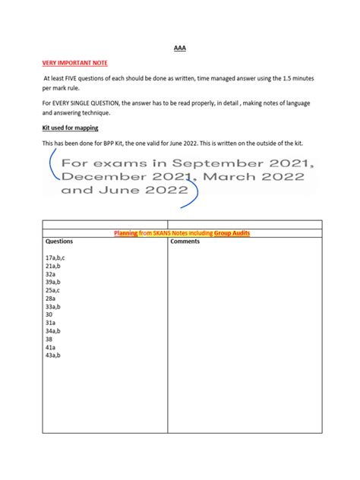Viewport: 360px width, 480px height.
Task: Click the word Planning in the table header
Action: (126, 233)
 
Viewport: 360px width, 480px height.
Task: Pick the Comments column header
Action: (185, 242)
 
